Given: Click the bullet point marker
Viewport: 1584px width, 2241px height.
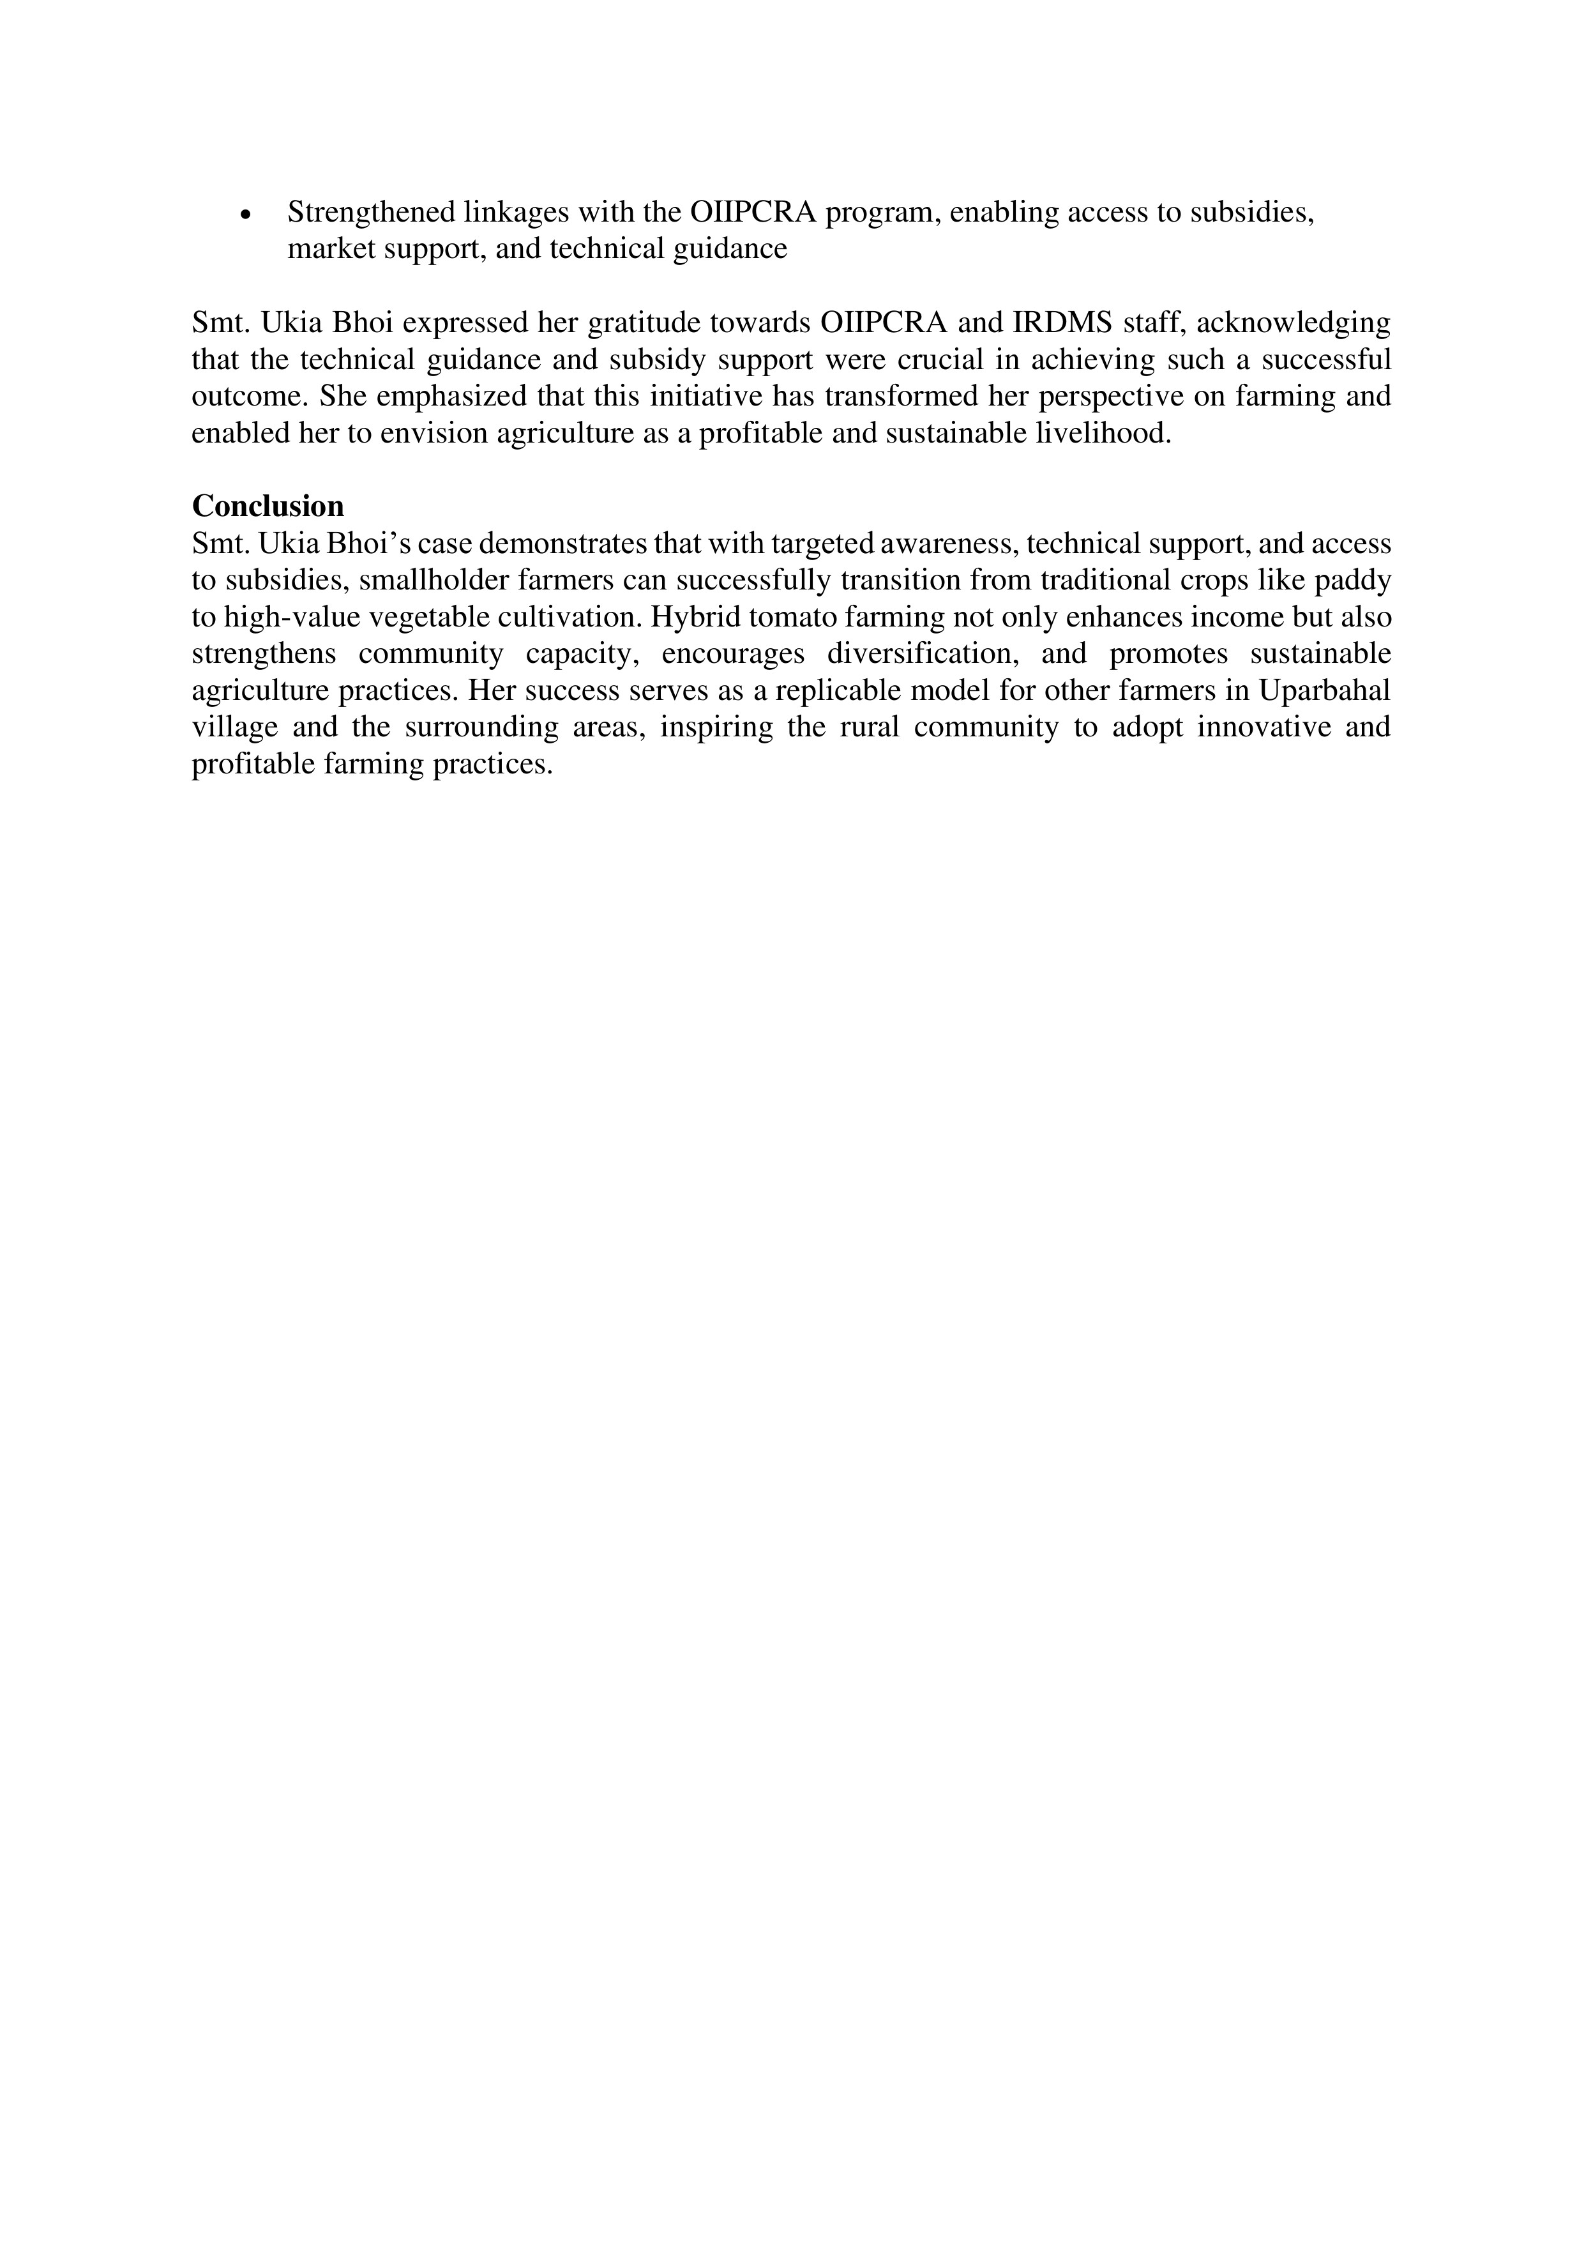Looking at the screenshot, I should coord(246,215).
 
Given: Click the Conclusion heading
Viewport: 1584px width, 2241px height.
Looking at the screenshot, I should coord(268,506).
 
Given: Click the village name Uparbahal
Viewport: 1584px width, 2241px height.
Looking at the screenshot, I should coord(1324,690).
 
